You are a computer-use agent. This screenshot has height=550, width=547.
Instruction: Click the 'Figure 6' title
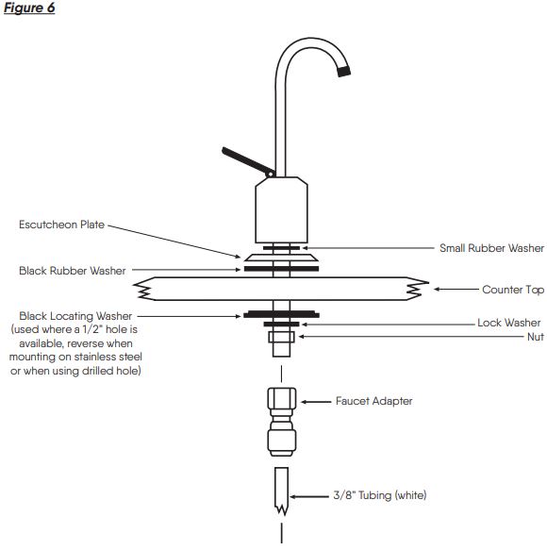29,8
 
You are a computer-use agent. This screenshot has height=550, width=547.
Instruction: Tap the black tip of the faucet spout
343,71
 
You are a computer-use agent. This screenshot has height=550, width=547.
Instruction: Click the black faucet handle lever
248,162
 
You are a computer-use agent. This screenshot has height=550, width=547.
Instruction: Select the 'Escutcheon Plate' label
61,225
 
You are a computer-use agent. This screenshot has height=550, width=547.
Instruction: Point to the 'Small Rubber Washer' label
491,248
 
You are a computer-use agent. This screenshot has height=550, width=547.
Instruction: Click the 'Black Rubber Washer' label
73,271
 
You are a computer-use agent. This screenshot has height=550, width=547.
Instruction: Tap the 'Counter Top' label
513,290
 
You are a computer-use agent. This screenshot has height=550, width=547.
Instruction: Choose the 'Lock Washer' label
508,323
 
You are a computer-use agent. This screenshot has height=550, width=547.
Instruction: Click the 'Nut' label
536,337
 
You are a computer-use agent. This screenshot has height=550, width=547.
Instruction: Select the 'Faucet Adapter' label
373,401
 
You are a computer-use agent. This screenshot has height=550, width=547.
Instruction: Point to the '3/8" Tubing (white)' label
380,495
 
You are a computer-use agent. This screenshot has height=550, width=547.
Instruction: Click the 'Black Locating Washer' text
75,316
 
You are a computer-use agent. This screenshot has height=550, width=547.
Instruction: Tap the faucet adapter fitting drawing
282,422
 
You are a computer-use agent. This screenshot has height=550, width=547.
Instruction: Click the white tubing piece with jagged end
282,490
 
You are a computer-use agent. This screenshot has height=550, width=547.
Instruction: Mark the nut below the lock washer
281,337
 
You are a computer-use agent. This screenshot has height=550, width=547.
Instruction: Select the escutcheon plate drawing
281,258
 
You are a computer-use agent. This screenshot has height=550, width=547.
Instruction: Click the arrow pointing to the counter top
456,290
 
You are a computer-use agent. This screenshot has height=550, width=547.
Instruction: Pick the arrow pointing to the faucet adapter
316,402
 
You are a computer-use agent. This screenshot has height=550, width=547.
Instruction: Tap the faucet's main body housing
282,209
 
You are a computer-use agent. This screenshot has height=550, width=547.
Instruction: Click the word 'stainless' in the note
95,357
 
